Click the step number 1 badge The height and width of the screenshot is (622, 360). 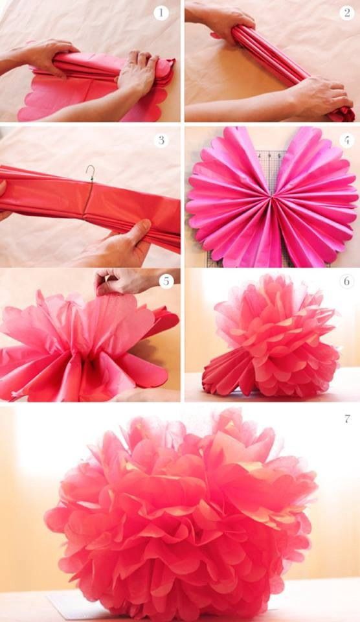[x=161, y=13]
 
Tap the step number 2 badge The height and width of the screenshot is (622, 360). [x=347, y=13]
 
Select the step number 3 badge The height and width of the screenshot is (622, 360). [x=161, y=140]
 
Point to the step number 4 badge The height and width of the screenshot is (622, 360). [x=347, y=140]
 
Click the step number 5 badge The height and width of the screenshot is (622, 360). [x=166, y=281]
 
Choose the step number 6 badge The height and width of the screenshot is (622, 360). [x=347, y=281]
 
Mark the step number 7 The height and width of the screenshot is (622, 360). [x=347, y=419]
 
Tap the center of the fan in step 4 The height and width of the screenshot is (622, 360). [x=272, y=196]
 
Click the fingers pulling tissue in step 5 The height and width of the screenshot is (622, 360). [x=119, y=281]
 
